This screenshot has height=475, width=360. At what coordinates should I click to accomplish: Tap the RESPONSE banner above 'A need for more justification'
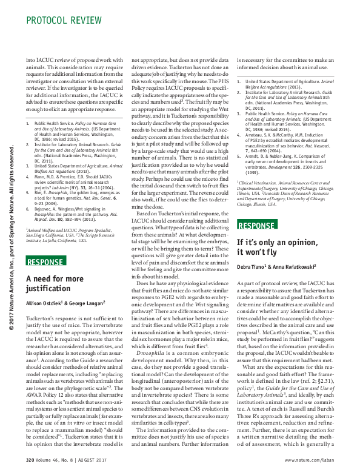(x=46, y=261)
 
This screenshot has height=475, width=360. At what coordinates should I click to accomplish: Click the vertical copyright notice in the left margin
(x=10, y=243)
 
